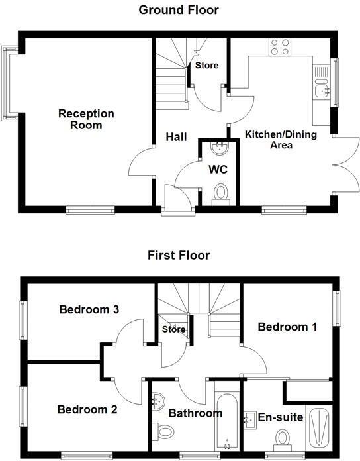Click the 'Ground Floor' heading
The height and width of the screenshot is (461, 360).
[179, 9]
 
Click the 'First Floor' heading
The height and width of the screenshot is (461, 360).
[178, 255]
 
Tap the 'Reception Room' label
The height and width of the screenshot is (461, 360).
[86, 119]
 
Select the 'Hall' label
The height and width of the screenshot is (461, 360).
[176, 137]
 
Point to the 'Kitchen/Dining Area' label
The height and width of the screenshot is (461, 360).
[281, 140]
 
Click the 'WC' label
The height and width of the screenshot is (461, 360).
[218, 170]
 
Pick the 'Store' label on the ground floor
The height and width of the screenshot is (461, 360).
[206, 66]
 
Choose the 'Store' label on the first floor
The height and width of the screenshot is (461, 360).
[173, 329]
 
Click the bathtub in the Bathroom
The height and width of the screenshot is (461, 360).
[226, 419]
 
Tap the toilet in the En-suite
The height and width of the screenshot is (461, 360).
[284, 439]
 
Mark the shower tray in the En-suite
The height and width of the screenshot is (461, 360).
[320, 427]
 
